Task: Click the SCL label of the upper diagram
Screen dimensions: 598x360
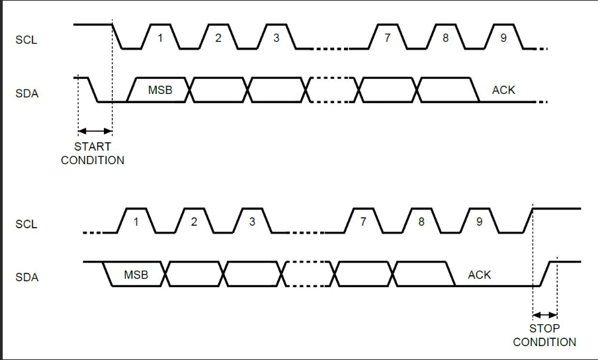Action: click(26, 40)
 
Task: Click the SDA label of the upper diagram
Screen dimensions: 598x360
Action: click(26, 93)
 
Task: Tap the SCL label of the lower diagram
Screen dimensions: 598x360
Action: click(26, 224)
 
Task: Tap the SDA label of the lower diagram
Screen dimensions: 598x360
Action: click(26, 277)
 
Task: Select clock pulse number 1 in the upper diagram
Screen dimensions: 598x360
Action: click(159, 38)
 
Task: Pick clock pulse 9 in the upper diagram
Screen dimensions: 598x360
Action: click(503, 38)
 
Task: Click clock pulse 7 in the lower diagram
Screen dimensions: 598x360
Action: click(363, 222)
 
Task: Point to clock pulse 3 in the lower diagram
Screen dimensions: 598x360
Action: click(252, 222)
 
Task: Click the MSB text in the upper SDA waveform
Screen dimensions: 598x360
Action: click(160, 90)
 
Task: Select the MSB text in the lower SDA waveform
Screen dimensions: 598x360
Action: click(136, 274)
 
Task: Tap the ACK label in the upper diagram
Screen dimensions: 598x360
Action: click(503, 90)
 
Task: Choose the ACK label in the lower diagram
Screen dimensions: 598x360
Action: click(479, 274)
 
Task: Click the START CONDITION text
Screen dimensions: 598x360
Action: click(93, 153)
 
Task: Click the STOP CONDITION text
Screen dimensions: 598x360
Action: click(544, 335)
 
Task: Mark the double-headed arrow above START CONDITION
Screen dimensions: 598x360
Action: click(95, 130)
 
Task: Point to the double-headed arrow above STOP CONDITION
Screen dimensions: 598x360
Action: click(545, 315)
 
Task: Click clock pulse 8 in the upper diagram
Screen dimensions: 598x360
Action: click(446, 38)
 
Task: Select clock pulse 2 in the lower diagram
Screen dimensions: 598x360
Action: click(194, 222)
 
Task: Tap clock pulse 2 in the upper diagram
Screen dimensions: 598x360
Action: click(218, 38)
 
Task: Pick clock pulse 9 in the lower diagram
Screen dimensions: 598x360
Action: click(479, 222)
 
